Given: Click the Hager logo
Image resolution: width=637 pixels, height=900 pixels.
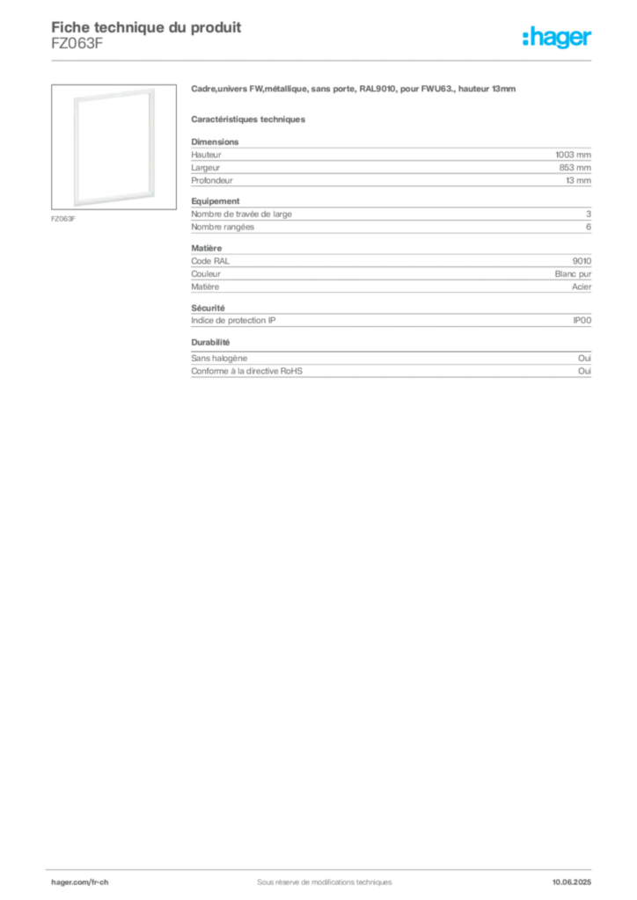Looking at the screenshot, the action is coord(557,38).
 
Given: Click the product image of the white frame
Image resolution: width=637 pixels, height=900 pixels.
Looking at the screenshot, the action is coord(113,147).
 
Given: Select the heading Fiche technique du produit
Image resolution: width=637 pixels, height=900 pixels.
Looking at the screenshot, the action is coord(146,27).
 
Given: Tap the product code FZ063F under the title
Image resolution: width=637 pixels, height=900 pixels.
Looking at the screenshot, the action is coord(77,44).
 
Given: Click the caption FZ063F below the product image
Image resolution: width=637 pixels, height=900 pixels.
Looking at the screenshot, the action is coord(63,219).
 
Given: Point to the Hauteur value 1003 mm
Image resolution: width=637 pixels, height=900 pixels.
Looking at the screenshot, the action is coord(573,155).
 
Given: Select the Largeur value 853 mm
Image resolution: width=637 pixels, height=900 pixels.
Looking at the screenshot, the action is coord(575,168).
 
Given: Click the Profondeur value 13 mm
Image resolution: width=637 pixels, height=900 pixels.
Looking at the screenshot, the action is coord(578,180).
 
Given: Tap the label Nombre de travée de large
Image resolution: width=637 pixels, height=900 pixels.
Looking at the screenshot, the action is coord(241,214).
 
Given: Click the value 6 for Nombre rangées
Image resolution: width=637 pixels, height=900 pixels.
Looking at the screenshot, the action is coord(589,227).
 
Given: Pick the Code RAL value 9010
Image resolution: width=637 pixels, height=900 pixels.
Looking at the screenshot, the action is coord(582,261).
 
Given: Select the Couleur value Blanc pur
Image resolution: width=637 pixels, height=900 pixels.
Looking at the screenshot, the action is coord(573,274).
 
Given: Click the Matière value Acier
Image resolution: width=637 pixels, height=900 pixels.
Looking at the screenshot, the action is coord(582,287).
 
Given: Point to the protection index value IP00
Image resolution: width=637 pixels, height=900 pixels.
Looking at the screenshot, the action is coord(582,321).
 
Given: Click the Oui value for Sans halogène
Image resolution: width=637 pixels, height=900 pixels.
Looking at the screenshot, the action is coord(584,359).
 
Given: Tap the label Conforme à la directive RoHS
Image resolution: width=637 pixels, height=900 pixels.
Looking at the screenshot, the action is coord(246,372).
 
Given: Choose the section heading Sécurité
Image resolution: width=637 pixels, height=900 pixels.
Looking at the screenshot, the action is coord(208,308).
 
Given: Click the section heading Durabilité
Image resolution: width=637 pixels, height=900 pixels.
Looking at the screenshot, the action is coord(210,342).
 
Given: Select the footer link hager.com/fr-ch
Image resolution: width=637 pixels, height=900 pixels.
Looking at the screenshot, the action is coord(80,882).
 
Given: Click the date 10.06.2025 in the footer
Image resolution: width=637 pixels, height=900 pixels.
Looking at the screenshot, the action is coord(572,882).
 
